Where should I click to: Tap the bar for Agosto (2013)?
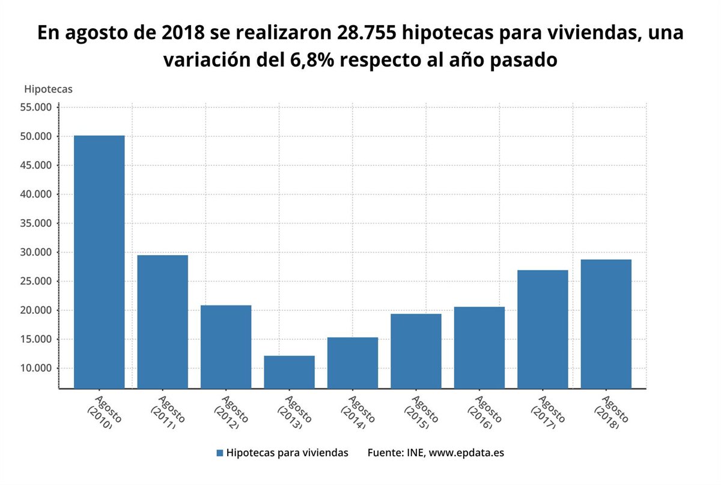(x=289, y=372)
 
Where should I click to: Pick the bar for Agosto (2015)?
(x=416, y=351)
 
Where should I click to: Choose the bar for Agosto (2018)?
(x=606, y=324)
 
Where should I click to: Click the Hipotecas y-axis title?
(x=48, y=89)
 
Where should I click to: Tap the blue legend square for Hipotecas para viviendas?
(x=220, y=453)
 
